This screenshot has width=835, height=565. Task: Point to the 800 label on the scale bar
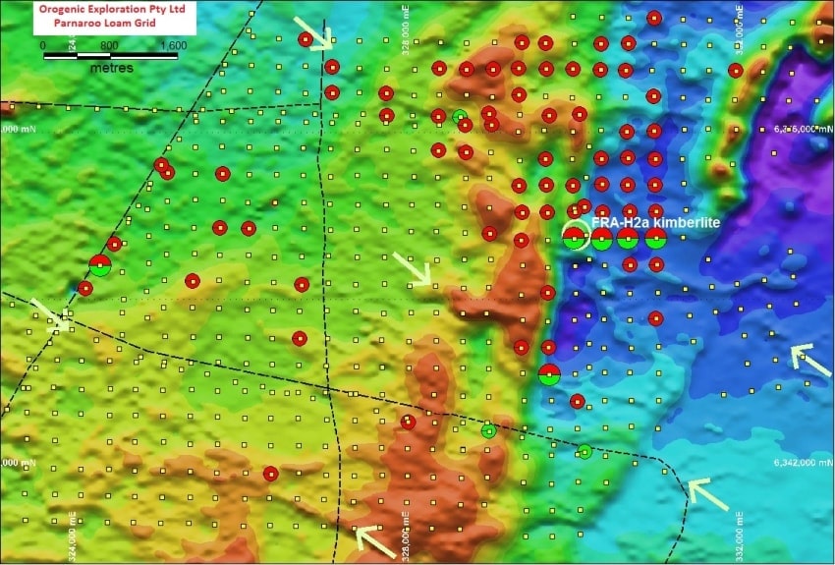[109, 45]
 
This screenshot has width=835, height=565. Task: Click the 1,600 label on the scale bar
[172, 45]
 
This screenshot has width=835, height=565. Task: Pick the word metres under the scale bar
[112, 69]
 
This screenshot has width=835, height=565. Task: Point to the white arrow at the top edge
[314, 31]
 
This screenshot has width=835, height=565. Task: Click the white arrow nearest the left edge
[49, 312]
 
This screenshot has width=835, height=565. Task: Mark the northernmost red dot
[654, 18]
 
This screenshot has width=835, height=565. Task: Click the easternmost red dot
[735, 70]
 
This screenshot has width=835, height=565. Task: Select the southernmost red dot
[270, 474]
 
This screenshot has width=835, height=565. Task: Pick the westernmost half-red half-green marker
[100, 264]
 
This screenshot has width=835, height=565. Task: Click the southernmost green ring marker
[584, 451]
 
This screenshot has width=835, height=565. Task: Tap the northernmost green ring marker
[459, 116]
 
